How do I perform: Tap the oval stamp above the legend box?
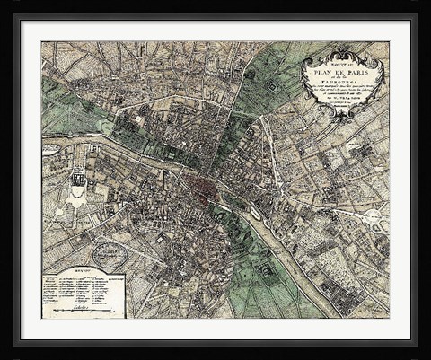click(x=110, y=255)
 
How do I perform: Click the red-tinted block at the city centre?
click(x=215, y=186)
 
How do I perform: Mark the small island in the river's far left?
click(x=50, y=150)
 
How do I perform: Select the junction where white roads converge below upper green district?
click(x=262, y=117)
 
